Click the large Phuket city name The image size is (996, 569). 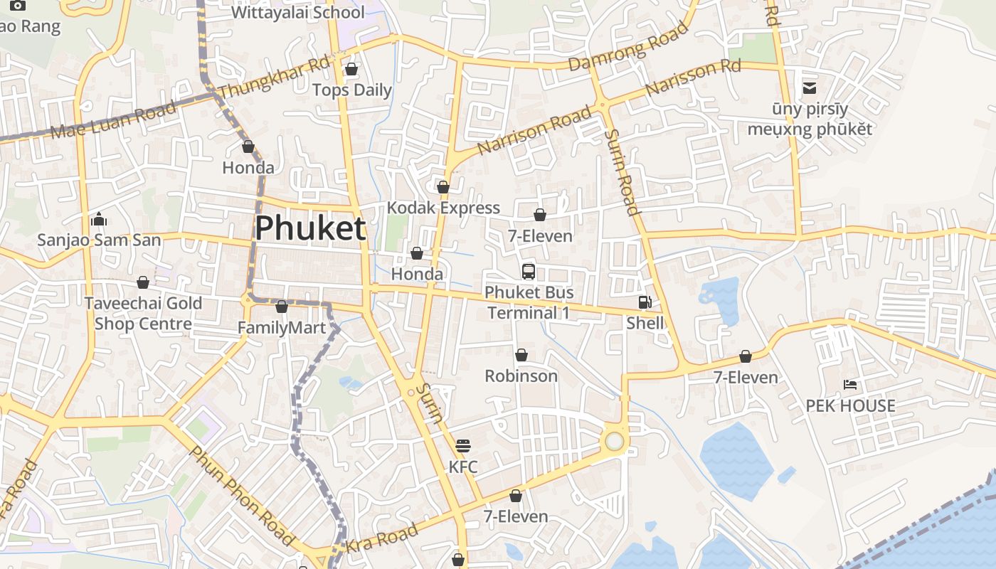click(310, 228)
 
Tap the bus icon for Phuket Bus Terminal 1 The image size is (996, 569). click(529, 271)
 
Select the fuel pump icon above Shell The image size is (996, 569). click(645, 302)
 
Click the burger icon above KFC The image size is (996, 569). click(463, 446)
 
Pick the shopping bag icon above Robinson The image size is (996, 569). click(521, 355)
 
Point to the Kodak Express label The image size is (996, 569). click(443, 208)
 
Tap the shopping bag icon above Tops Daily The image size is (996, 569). click(351, 69)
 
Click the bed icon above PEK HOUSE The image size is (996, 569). click(850, 385)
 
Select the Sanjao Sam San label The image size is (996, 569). click(100, 240)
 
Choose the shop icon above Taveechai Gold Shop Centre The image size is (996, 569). click(143, 282)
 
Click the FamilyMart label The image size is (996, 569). click(282, 328)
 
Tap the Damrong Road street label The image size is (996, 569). click(629, 46)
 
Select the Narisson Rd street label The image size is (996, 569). click(693, 78)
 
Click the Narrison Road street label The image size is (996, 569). click(534, 130)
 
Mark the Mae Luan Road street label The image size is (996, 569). click(114, 122)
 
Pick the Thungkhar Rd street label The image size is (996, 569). click(274, 78)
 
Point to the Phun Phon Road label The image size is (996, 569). click(242, 496)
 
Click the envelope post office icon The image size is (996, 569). click(810, 88)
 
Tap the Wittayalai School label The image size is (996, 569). click(298, 12)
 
